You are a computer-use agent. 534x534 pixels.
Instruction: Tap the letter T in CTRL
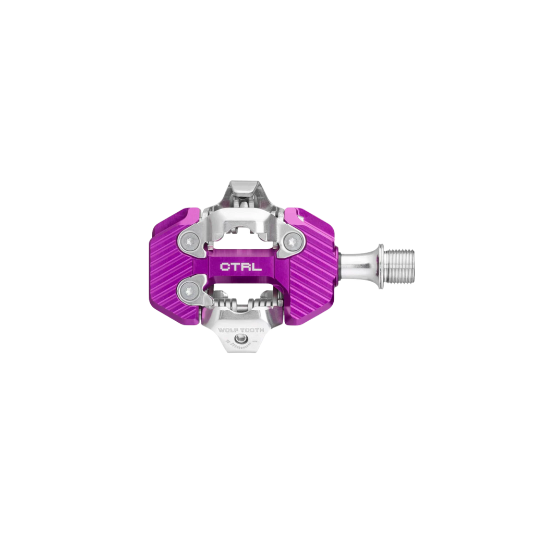[x=236, y=266]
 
